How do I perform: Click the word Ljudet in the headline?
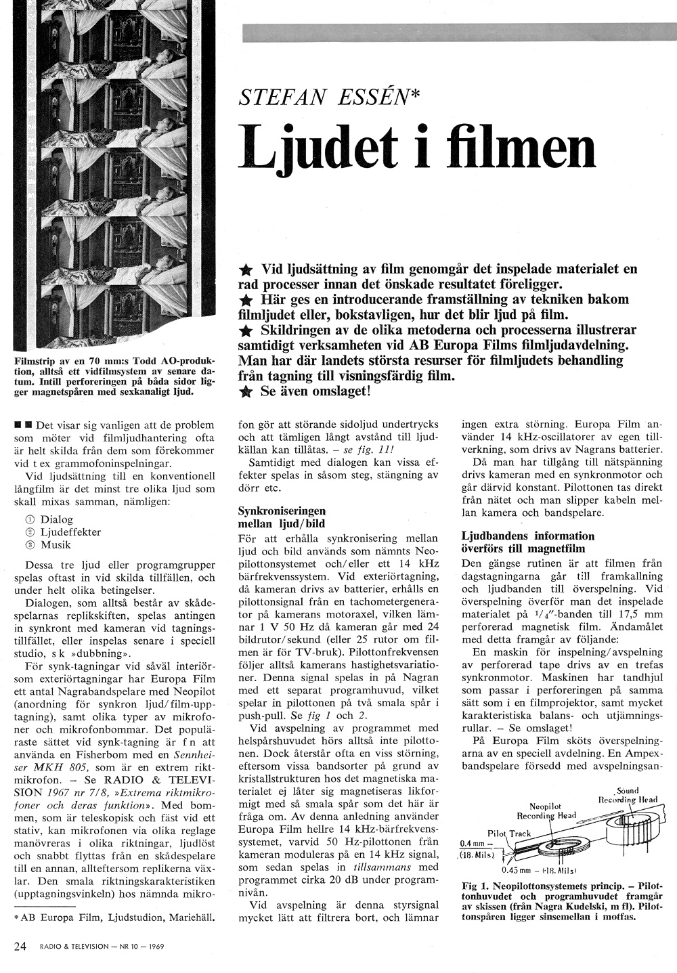pyautogui.click(x=318, y=148)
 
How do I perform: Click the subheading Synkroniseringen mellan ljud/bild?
pyautogui.click(x=282, y=517)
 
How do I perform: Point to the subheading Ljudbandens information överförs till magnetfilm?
pyautogui.click(x=519, y=542)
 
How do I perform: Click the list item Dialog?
pyautogui.click(x=56, y=519)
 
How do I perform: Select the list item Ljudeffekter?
pyautogui.click(x=70, y=532)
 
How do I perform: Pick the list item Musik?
pyautogui.click(x=56, y=544)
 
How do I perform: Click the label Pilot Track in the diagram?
pyautogui.click(x=509, y=833)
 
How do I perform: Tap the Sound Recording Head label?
pyautogui.click(x=628, y=795)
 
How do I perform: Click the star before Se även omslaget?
pyautogui.click(x=246, y=392)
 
